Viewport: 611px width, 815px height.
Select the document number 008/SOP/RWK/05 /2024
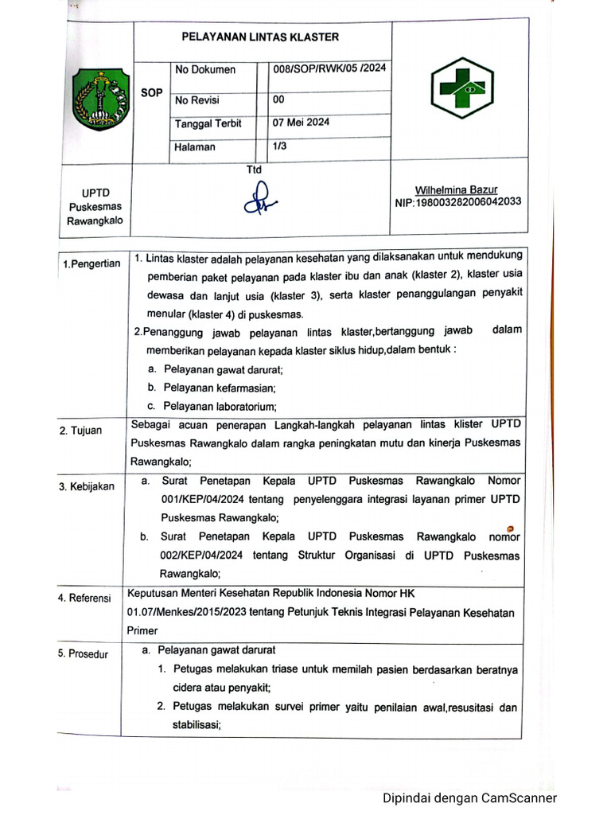click(329, 68)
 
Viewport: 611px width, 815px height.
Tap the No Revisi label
click(197, 100)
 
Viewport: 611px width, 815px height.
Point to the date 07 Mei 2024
click(301, 123)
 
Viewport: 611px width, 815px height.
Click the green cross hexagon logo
click(461, 88)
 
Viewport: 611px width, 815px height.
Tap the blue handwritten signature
click(260, 201)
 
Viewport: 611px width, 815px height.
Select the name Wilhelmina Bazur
click(456, 189)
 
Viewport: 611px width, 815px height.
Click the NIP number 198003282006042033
click(457, 201)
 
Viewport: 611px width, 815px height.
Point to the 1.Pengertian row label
click(91, 263)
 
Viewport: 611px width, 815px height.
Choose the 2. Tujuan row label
click(80, 431)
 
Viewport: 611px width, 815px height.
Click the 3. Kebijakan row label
click(86, 486)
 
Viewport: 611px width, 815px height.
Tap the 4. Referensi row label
click(84, 598)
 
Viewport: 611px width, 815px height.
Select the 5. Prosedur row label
click(84, 654)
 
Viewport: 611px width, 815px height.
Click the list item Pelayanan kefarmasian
click(219, 388)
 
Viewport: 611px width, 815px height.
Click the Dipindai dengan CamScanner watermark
click(469, 798)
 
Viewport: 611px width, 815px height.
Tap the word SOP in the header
click(151, 92)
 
